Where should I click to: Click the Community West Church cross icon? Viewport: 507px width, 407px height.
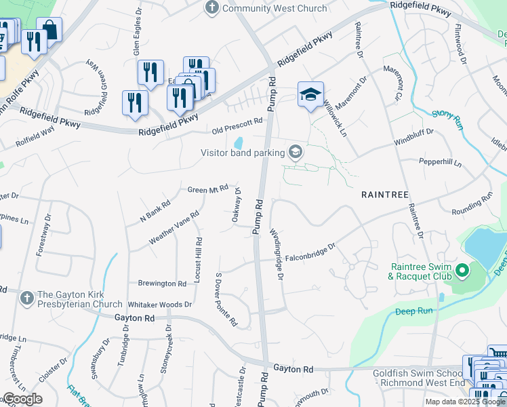coord(212,8)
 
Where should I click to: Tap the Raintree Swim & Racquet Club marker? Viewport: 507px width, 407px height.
coord(462,271)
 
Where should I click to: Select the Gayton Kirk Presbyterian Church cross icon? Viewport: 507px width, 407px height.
coord(26,298)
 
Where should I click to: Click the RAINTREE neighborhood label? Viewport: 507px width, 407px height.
coord(385,195)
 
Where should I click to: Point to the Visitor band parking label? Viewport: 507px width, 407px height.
coord(242,153)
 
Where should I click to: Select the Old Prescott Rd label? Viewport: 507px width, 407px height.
coord(237,125)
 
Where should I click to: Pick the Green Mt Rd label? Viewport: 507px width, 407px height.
coord(207,190)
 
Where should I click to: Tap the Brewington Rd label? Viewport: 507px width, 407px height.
coord(162,284)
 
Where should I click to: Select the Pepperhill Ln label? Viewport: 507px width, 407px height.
coord(440,163)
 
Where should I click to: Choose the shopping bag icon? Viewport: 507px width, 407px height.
coord(49,30)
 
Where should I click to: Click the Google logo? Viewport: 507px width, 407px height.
coord(22,399)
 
